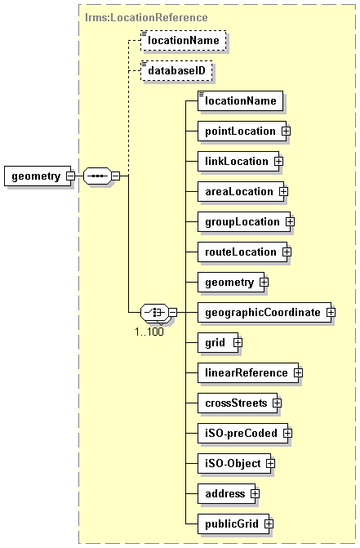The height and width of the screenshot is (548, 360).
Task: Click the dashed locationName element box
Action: pyautogui.click(x=184, y=41)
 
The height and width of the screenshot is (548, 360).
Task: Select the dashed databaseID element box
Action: pyautogui.click(x=176, y=71)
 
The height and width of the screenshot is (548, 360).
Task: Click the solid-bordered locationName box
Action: pyautogui.click(x=240, y=101)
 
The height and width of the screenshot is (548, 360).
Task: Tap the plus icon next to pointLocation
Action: pyautogui.click(x=286, y=131)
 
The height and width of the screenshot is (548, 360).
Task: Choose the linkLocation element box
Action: pyautogui.click(x=238, y=162)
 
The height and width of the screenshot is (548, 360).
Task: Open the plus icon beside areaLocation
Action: pyautogui.click(x=283, y=192)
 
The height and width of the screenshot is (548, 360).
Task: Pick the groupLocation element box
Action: pyautogui.click(x=244, y=222)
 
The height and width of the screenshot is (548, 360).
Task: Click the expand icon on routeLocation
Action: pyautogui.click(x=287, y=252)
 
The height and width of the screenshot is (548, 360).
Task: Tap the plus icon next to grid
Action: pyautogui.click(x=238, y=342)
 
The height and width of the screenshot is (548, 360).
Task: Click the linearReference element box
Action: pyautogui.click(x=248, y=373)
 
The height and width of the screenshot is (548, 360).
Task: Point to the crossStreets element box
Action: pyautogui.click(x=238, y=403)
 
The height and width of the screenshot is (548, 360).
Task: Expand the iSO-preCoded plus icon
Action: pyautogui.click(x=287, y=434)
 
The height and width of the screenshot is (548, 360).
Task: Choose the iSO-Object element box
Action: pyautogui.click(x=234, y=464)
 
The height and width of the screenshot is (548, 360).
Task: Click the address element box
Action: pyautogui.click(x=227, y=494)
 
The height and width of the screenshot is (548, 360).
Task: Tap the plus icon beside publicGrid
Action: pyautogui.click(x=269, y=523)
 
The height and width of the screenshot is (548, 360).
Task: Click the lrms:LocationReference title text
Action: pyautogui.click(x=146, y=17)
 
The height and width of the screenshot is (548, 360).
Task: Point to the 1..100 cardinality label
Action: pyautogui.click(x=149, y=332)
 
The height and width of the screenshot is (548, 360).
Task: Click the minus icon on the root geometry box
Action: pyautogui.click(x=70, y=176)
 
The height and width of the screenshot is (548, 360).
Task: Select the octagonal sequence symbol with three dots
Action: pyautogui.click(x=97, y=176)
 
